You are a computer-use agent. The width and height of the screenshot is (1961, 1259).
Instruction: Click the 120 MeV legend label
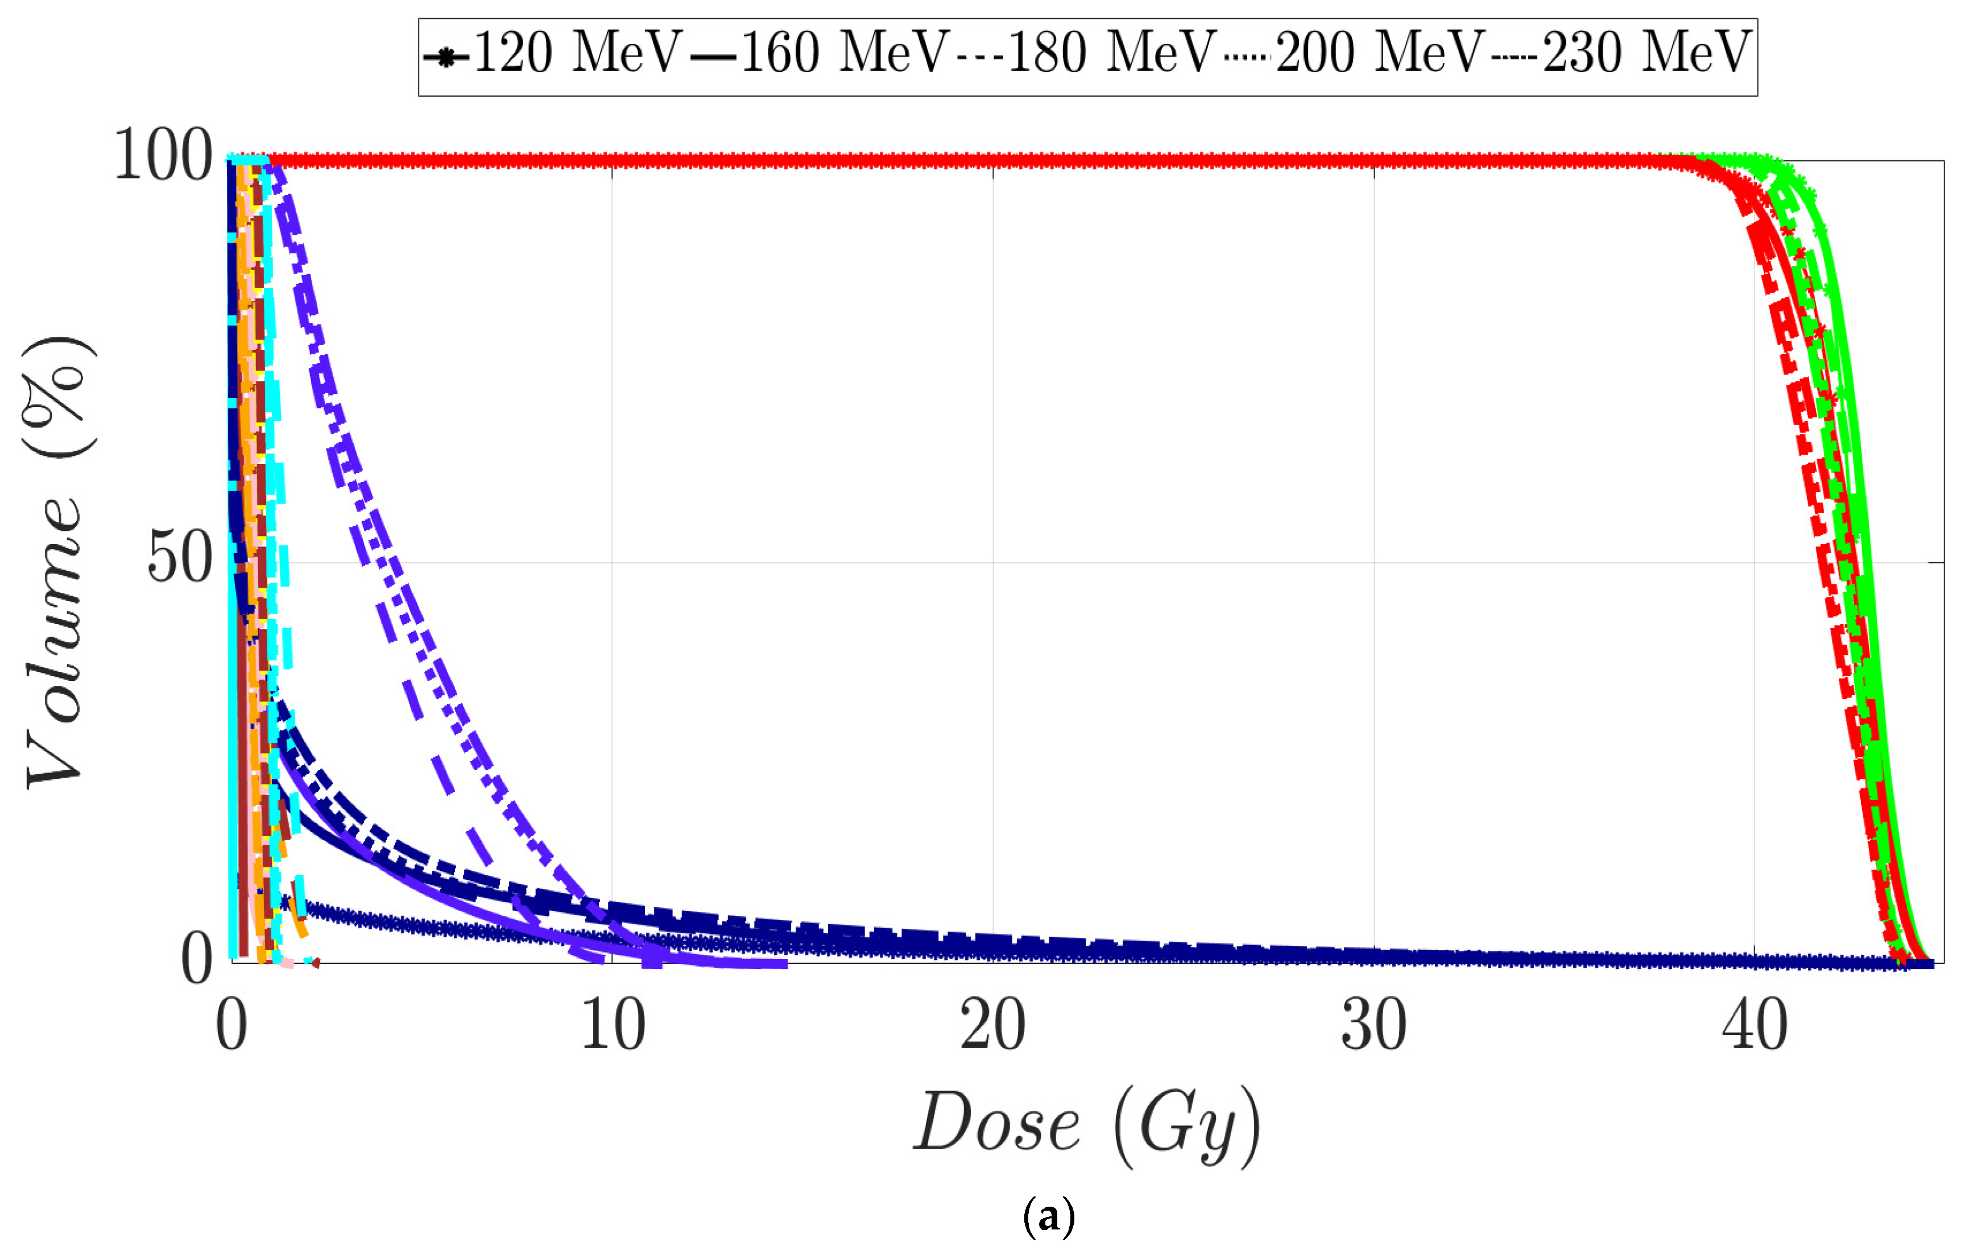[577, 53]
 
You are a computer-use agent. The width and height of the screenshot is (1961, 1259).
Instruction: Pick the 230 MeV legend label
[1646, 53]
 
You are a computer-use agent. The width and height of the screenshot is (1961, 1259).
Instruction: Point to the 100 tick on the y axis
[164, 156]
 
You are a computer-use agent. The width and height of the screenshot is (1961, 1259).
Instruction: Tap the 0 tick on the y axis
[196, 960]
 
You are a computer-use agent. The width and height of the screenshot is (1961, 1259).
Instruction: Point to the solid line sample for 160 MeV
[714, 58]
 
